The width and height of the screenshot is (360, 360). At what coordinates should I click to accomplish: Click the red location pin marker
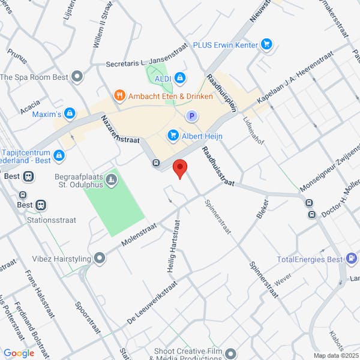(x=179, y=169)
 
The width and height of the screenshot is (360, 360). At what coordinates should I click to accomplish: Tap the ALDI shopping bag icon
(x=180, y=78)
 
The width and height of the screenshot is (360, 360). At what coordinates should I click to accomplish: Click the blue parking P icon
(x=192, y=116)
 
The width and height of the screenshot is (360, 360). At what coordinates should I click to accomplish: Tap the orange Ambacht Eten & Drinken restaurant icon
(x=119, y=95)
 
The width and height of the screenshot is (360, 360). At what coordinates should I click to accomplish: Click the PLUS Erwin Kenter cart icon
(x=267, y=44)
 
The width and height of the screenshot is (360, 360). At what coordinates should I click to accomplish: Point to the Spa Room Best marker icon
(x=77, y=77)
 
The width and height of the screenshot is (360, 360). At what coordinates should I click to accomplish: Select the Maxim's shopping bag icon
(x=70, y=113)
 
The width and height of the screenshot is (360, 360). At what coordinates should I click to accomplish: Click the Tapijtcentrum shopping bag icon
(x=59, y=157)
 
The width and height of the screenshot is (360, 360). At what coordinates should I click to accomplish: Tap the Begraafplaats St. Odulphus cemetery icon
(x=111, y=180)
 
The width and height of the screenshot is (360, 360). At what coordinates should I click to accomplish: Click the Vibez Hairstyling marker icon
(x=100, y=259)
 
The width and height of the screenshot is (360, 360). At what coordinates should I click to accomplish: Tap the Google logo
(x=19, y=353)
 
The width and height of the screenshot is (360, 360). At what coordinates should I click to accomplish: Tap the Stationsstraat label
(x=52, y=220)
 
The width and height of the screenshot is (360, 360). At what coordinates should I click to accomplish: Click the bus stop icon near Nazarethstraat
(x=156, y=163)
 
